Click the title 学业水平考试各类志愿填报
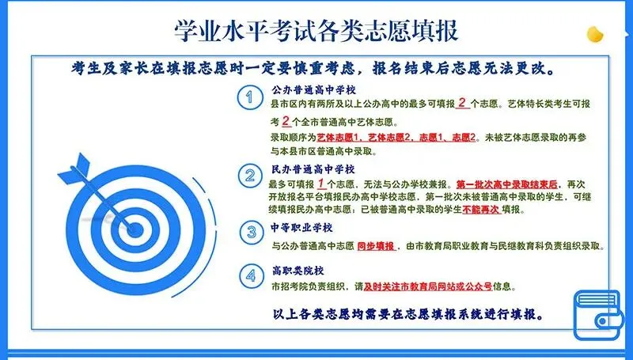[316, 30]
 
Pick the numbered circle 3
[250, 232]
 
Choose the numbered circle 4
[250, 276]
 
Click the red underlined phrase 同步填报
[375, 247]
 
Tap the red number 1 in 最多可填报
[321, 182]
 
